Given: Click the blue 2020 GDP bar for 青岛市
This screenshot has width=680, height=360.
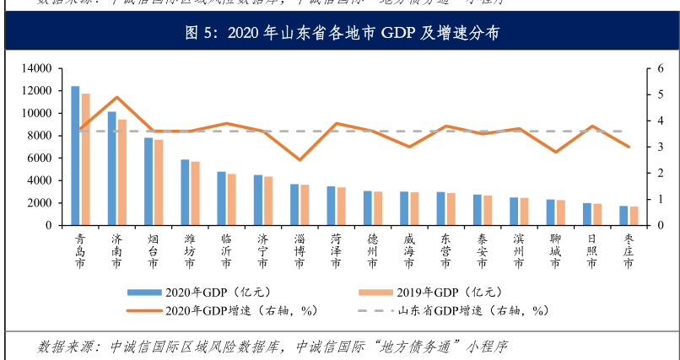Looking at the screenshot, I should click(75, 156).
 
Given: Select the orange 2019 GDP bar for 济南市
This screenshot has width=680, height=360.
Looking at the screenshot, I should click(121, 173).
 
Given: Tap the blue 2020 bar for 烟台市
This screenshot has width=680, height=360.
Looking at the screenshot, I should click(148, 181).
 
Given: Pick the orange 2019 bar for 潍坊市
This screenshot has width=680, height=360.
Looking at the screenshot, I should click(195, 193).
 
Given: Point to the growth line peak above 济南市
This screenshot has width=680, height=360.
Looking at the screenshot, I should click(117, 98).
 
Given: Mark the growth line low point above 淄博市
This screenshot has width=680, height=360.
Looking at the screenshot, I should click(300, 159).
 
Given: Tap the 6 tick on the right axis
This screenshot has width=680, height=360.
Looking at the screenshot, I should click(648, 68).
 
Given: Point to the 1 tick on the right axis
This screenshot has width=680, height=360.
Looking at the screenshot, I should click(648, 200).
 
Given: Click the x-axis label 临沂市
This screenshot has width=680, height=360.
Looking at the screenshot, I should click(226, 251).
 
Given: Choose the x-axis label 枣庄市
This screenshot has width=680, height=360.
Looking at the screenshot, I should click(628, 251).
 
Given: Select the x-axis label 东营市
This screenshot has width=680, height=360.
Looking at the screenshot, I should click(445, 251).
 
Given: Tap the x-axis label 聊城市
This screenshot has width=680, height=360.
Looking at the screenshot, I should click(554, 251).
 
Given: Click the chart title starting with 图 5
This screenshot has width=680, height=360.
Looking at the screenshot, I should click(341, 34).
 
